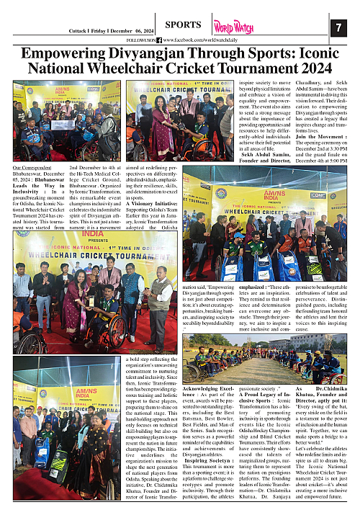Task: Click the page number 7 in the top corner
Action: pyautogui.click(x=340, y=27)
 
